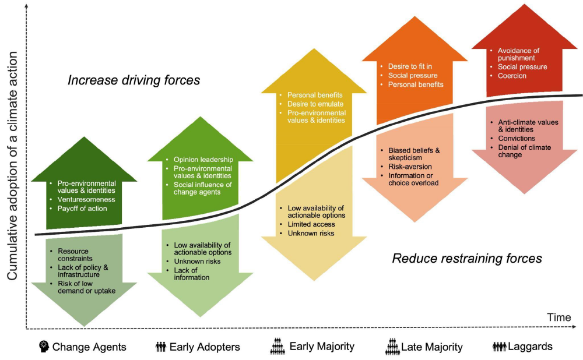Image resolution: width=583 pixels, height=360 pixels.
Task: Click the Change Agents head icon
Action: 44,346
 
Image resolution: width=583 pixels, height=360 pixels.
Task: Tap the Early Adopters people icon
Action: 161,347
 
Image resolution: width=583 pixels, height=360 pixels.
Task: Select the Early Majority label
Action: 322,346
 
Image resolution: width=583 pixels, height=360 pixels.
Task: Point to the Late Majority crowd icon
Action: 392,346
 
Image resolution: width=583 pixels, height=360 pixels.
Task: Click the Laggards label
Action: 530,346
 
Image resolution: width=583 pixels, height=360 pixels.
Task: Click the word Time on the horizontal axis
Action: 559,317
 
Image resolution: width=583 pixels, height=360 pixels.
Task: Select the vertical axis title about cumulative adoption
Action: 12,165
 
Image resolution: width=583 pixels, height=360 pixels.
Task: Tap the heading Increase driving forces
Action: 134,80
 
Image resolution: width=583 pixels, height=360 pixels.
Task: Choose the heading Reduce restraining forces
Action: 467,258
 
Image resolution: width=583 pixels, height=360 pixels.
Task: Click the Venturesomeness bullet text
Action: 86,199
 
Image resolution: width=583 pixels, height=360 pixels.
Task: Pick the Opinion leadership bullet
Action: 203,160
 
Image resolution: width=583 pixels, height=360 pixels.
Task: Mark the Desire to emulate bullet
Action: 315,104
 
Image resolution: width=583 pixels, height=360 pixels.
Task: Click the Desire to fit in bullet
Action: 410,66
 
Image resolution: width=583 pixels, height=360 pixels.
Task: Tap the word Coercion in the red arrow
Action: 512,76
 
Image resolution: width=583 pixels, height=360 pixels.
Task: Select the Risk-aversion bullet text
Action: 410,167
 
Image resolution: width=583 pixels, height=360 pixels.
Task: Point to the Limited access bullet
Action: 311,224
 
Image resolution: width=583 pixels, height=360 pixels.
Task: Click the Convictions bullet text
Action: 517,138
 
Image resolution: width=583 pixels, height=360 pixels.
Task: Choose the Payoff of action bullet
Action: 82,209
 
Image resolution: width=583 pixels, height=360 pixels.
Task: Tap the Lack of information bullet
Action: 191,274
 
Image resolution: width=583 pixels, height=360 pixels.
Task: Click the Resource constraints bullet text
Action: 75,255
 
